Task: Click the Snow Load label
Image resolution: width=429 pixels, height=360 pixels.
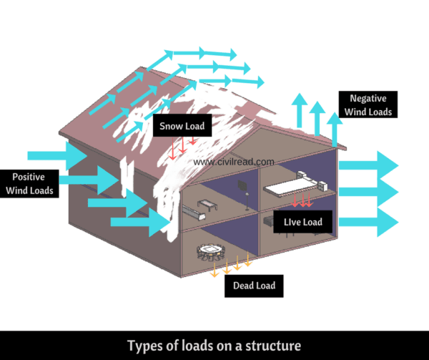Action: (182, 127)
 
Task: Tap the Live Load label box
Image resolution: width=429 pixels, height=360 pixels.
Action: (302, 222)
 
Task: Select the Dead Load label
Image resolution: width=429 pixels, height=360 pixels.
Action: (254, 286)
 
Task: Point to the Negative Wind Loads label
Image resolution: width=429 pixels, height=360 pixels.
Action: (368, 104)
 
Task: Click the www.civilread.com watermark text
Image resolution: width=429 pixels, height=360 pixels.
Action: (234, 162)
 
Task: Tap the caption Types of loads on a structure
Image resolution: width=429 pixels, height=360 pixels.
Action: (214, 346)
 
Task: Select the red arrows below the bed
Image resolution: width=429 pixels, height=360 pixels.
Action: (303, 198)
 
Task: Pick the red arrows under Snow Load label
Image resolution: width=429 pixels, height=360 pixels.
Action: (182, 146)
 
